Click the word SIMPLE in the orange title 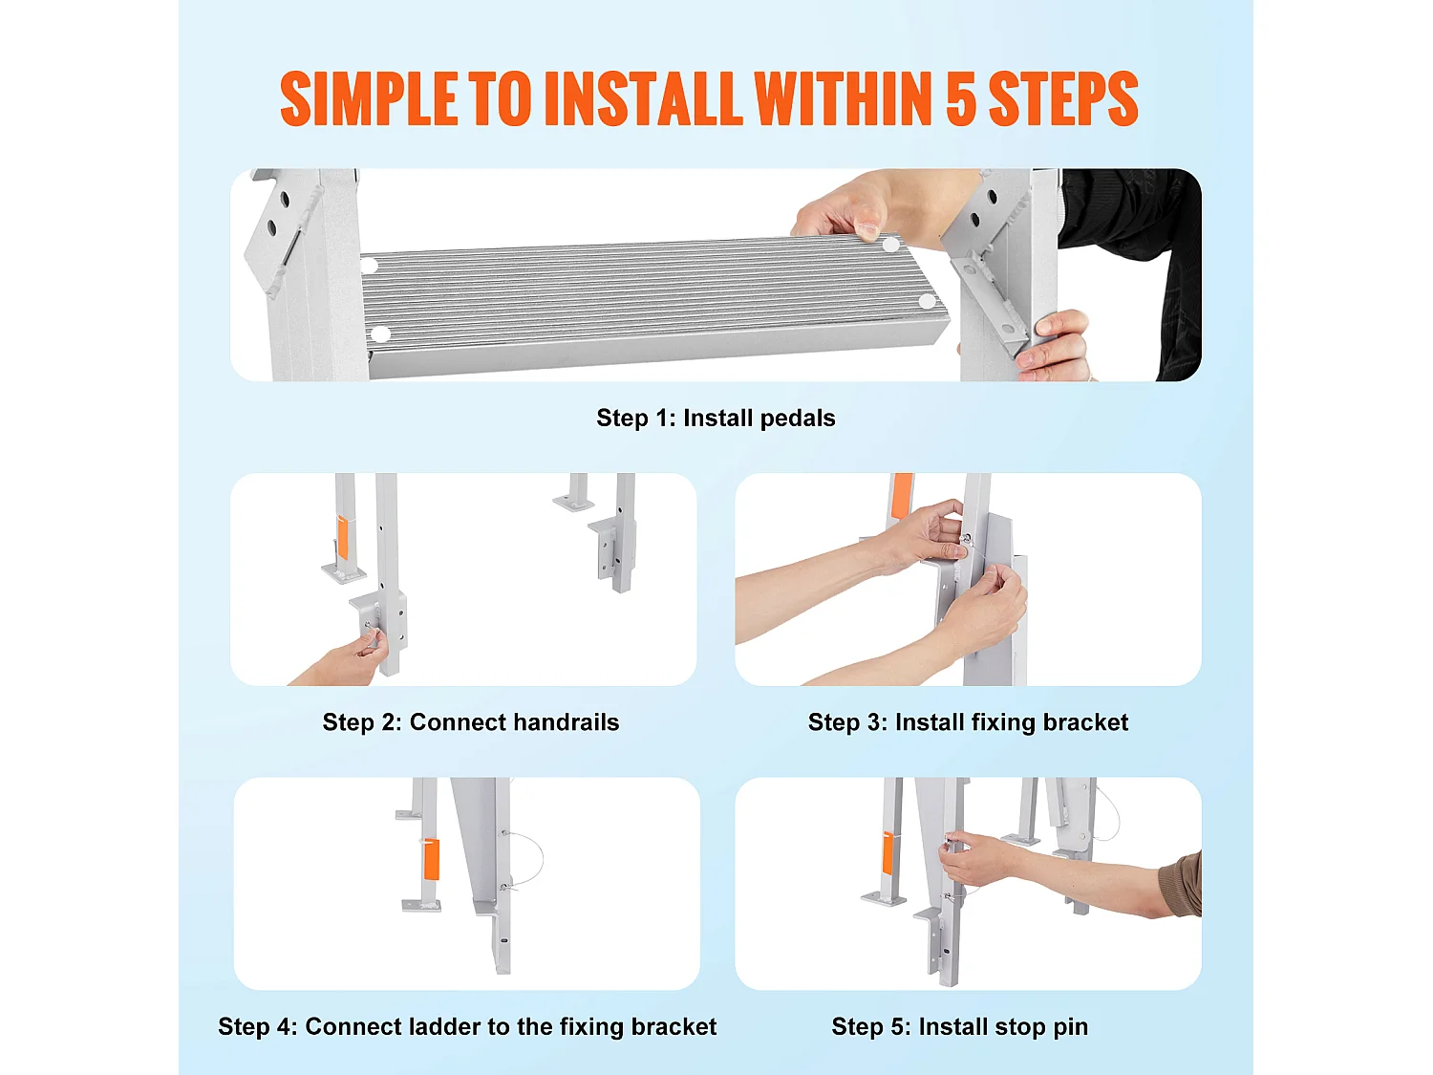click(369, 98)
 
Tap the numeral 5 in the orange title click(961, 98)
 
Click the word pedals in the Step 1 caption click(797, 419)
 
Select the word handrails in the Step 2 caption click(567, 721)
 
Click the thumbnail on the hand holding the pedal click(868, 229)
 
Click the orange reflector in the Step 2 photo click(342, 536)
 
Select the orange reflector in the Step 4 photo click(431, 858)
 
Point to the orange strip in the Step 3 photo click(902, 495)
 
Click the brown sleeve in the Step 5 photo click(1181, 885)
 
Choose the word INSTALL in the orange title click(643, 98)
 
